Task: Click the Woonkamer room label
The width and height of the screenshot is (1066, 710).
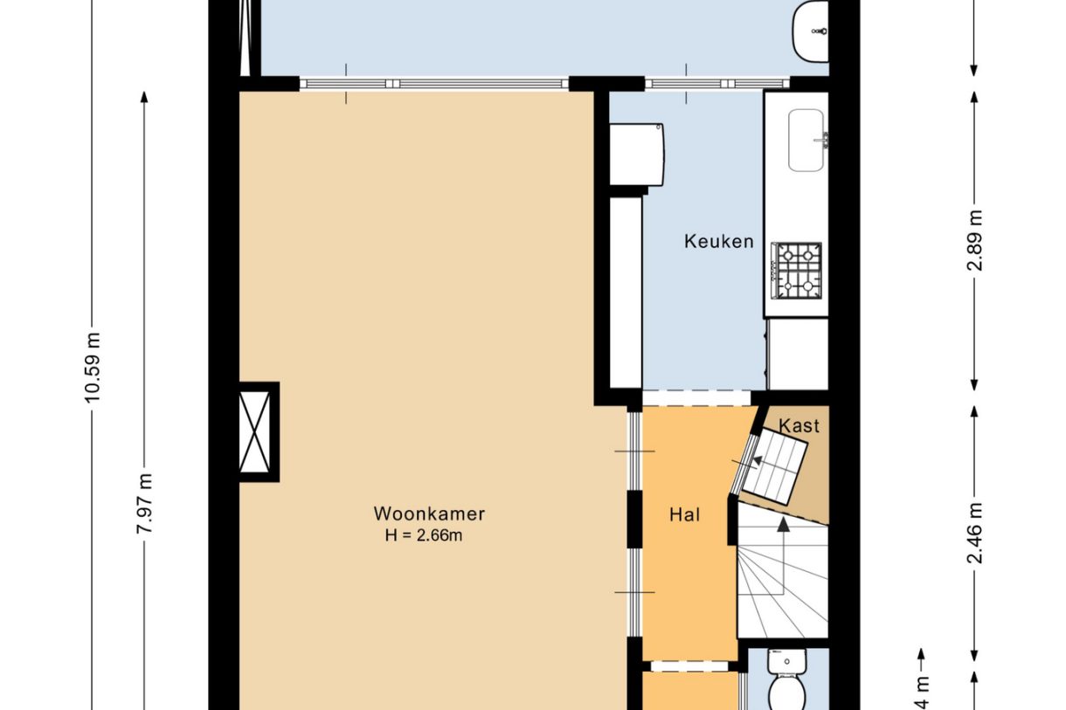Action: (x=429, y=514)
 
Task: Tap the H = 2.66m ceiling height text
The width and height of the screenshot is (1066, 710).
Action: (x=424, y=536)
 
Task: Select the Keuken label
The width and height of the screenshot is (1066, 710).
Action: (x=718, y=242)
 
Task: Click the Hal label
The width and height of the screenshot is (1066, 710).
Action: (x=686, y=515)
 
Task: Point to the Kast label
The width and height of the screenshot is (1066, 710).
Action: (x=799, y=426)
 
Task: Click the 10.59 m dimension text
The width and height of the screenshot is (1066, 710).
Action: (x=93, y=367)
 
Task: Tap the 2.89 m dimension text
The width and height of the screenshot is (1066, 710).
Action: (x=975, y=240)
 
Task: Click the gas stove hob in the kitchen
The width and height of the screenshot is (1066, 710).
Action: (x=796, y=269)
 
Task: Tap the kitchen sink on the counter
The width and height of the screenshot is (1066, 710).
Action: (x=806, y=140)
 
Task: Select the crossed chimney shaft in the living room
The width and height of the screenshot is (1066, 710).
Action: (x=259, y=431)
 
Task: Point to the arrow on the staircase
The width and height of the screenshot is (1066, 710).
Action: (x=784, y=526)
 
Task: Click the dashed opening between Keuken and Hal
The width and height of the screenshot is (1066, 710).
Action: (x=696, y=398)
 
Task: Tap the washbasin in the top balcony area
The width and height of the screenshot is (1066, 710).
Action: (x=811, y=31)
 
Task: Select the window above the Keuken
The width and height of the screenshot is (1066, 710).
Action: (x=716, y=84)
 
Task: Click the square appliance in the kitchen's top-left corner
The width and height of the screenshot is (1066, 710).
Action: (x=637, y=154)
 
